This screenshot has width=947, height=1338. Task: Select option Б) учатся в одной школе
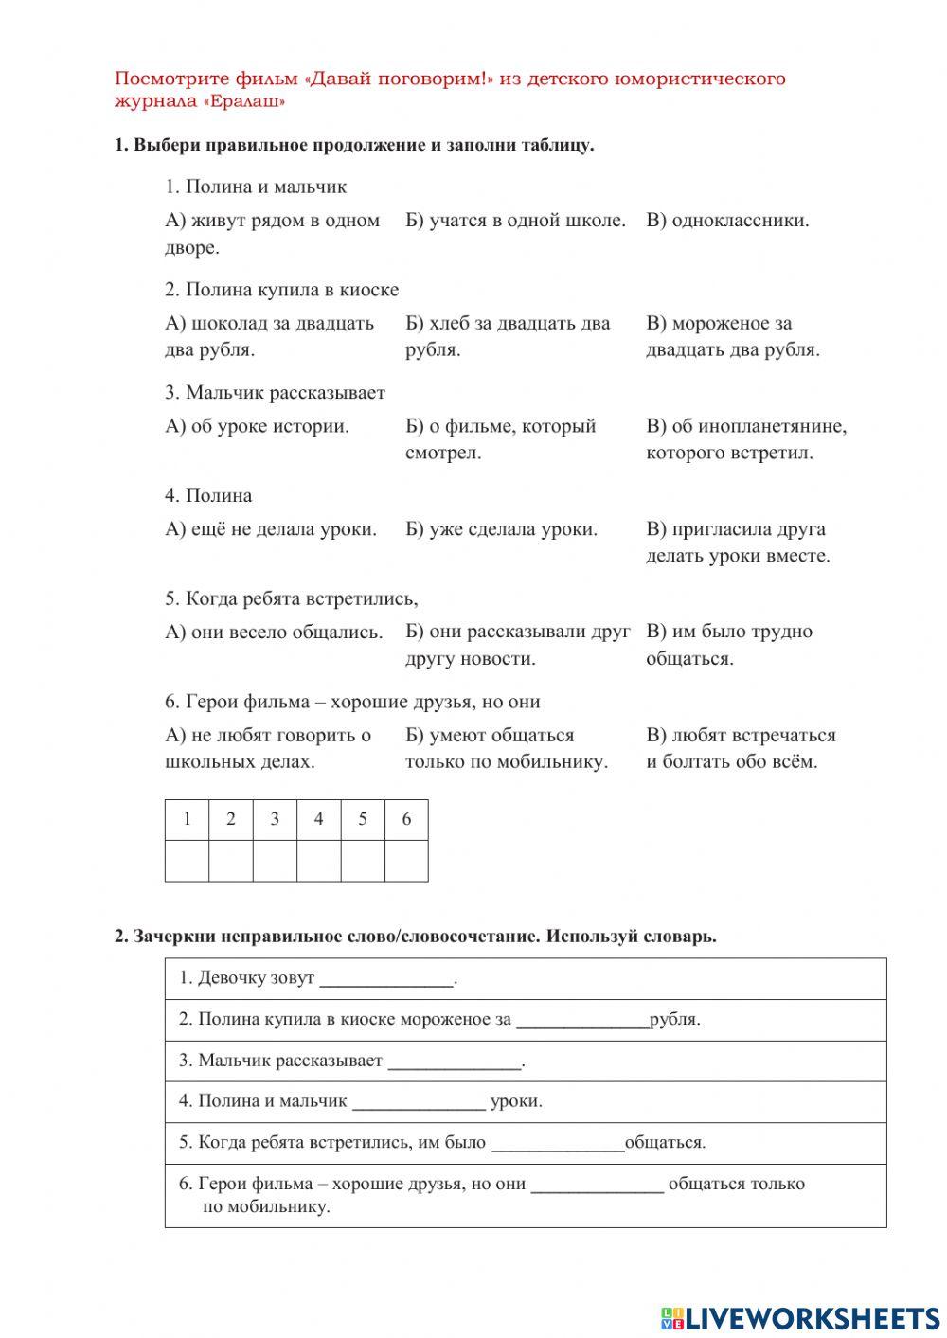(515, 221)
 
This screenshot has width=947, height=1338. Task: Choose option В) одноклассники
(727, 221)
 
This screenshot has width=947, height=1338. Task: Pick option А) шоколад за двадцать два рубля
(270, 336)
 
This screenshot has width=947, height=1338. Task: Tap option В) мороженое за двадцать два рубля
(732, 336)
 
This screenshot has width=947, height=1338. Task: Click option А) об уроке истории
(257, 426)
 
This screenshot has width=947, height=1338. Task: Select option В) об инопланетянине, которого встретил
(745, 439)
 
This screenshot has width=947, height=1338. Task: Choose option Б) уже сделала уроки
(501, 529)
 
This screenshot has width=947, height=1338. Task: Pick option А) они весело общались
(274, 632)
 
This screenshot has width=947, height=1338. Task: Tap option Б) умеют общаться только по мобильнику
(507, 748)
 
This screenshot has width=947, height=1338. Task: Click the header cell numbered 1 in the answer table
(187, 820)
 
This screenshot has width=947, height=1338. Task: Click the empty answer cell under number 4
(318, 861)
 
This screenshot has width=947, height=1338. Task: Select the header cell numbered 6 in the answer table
(406, 820)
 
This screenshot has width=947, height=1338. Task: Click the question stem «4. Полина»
(208, 495)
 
